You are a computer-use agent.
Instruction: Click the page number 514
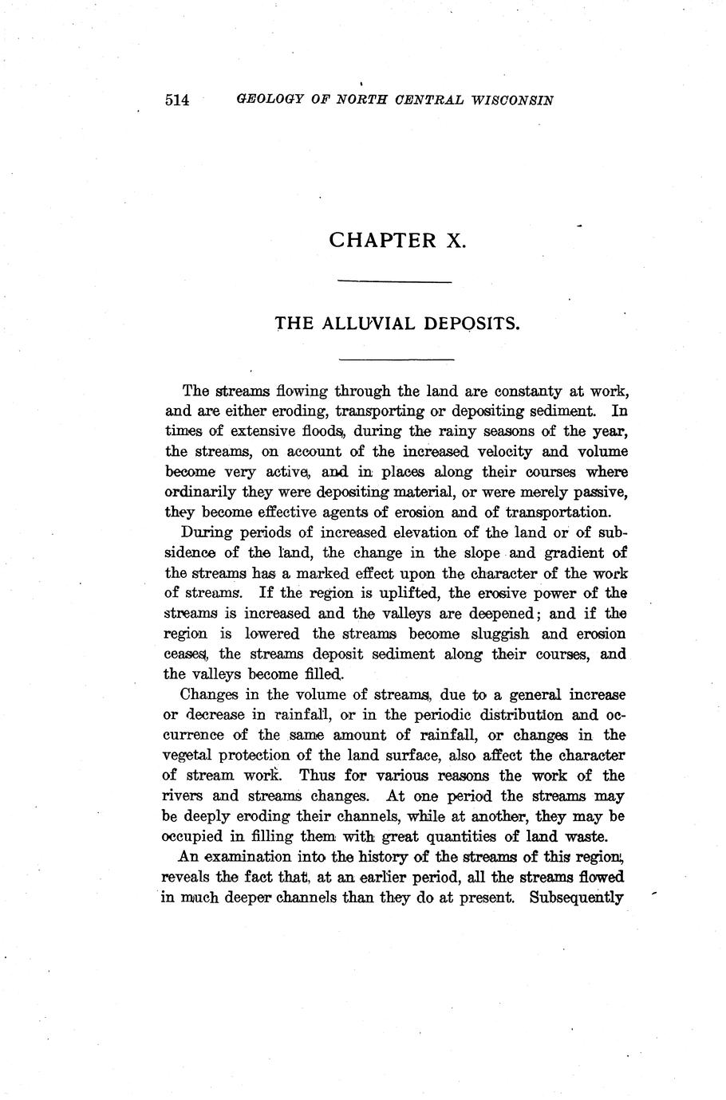click(x=177, y=100)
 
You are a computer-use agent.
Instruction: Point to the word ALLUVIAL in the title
click(x=369, y=324)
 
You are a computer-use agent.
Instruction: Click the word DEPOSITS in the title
click(x=471, y=324)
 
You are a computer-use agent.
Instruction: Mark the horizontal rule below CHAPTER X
click(x=395, y=281)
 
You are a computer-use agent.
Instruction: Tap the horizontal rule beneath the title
click(x=395, y=359)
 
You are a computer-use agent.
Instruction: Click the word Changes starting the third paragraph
click(x=210, y=694)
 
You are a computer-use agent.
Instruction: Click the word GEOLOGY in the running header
click(x=271, y=100)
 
